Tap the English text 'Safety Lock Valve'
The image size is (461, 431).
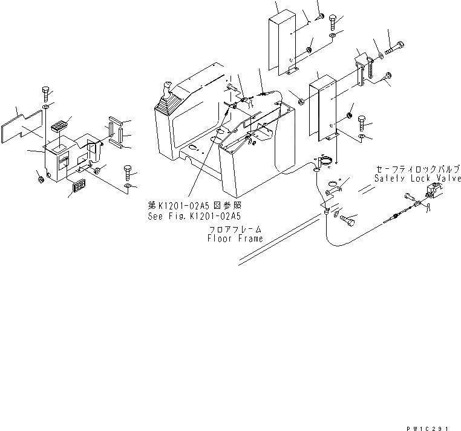coord(416,179)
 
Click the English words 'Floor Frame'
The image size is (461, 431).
coord(235,239)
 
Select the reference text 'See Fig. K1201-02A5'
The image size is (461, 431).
coord(194,215)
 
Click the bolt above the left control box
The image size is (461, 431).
coord(46,94)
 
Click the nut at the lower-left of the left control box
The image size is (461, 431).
coord(38,178)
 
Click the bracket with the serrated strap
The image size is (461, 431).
coord(364,65)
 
